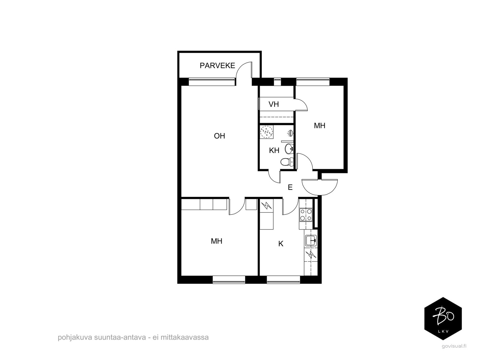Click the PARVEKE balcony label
(x=217, y=65)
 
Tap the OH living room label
(x=219, y=136)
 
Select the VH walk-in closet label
(x=274, y=104)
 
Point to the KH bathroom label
(x=274, y=150)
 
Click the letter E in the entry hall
(x=290, y=187)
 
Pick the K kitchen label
(x=281, y=244)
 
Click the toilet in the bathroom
(x=287, y=162)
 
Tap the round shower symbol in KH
(x=267, y=132)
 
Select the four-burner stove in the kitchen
(x=306, y=215)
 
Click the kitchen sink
(x=311, y=241)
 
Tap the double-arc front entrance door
(x=319, y=187)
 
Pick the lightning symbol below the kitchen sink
(x=310, y=255)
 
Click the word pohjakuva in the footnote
(x=75, y=337)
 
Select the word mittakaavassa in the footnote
(x=184, y=337)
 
